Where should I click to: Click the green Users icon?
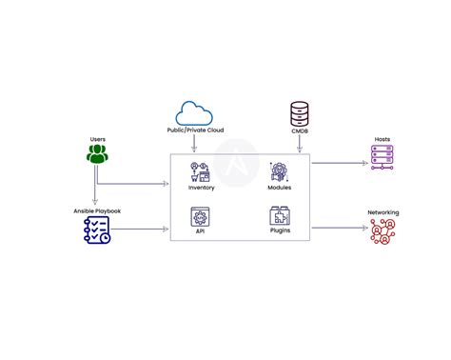tap(98, 152)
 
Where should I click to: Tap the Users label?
tap(98, 139)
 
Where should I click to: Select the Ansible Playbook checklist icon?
tap(98, 229)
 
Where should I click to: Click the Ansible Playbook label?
tap(98, 210)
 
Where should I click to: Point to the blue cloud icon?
tap(194, 113)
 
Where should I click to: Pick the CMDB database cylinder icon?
tap(301, 114)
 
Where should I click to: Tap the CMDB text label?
tap(301, 132)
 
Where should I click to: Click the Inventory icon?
tap(201, 172)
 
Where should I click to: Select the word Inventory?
tap(201, 188)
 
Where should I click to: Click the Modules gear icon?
tap(281, 172)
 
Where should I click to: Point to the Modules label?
tap(281, 188)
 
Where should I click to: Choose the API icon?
tap(201, 215)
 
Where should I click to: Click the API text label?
tap(201, 230)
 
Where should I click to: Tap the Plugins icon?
tap(281, 215)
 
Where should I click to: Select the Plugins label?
tap(281, 230)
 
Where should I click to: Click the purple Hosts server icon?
tap(383, 155)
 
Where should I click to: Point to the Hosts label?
tap(383, 139)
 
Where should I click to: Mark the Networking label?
tap(383, 213)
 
